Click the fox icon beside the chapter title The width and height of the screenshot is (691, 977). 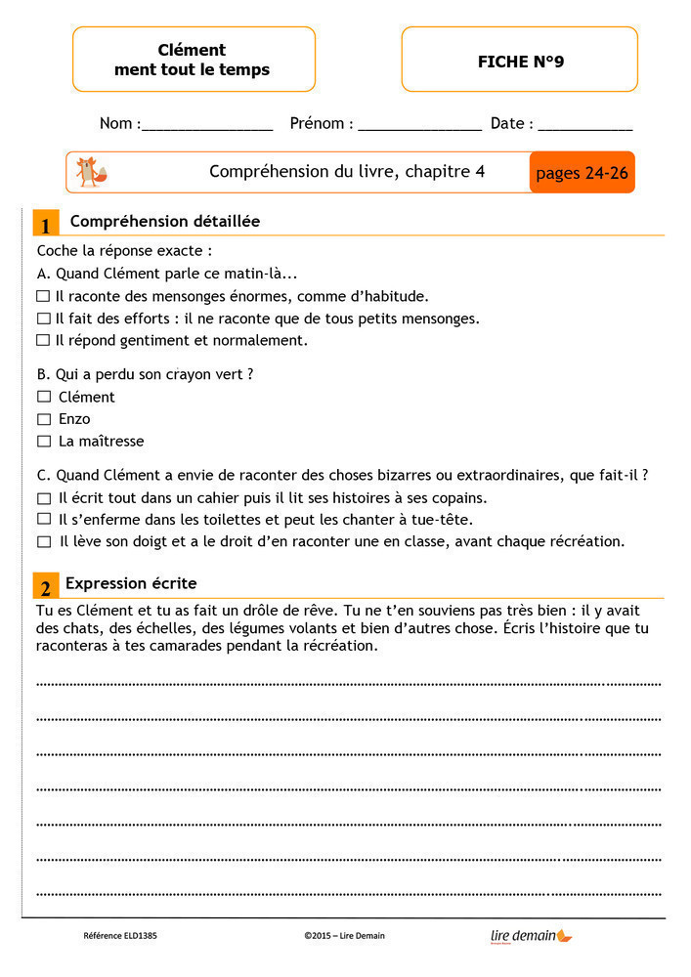(91, 172)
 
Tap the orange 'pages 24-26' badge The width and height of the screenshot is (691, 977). (582, 173)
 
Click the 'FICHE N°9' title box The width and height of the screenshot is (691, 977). (520, 61)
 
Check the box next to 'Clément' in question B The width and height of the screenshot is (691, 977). (44, 397)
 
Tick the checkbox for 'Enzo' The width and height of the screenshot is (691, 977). (44, 419)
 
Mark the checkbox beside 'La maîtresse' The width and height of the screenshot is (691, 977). (44, 441)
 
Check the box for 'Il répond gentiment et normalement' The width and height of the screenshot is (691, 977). (42, 340)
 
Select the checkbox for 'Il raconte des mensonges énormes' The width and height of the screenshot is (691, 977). (42, 295)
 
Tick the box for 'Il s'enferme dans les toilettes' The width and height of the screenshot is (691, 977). (44, 519)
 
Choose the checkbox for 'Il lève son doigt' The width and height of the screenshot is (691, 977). (44, 541)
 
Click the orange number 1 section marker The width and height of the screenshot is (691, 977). (45, 224)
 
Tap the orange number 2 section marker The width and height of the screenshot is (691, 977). (45, 586)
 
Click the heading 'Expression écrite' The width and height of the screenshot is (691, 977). (131, 583)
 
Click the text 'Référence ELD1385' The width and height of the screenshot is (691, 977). (120, 936)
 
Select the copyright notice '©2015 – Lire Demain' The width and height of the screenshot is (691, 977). (344, 936)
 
